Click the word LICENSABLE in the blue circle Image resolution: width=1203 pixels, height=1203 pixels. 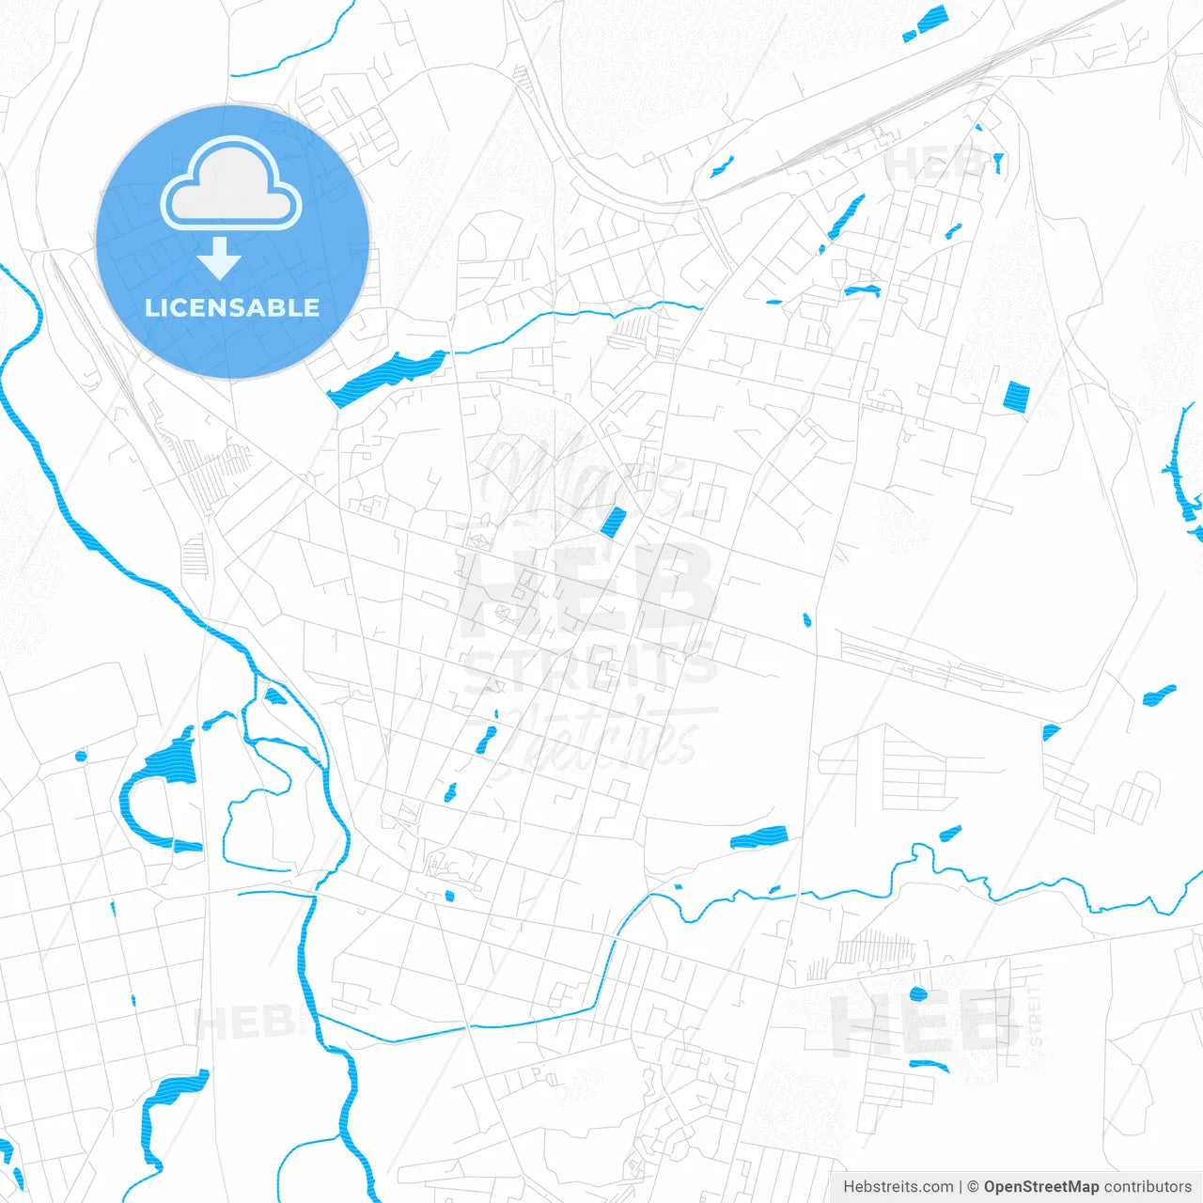232,307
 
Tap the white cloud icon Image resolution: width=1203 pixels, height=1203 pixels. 231,184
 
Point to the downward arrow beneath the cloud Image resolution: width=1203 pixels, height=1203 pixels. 220,258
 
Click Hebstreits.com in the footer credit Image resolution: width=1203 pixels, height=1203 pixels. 898,1187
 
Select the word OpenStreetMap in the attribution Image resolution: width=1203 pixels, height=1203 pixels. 1040,1187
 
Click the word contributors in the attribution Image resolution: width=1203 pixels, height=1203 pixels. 1148,1187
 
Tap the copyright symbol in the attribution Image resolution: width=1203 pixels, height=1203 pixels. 974,1187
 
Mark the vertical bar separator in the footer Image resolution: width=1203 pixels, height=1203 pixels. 961,1187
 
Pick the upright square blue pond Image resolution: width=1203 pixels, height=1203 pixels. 1017,396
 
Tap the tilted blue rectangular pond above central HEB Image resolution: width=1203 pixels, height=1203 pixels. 613,522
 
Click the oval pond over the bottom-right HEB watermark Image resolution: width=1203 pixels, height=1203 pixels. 918,993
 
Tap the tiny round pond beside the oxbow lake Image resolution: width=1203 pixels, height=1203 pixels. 80,756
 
